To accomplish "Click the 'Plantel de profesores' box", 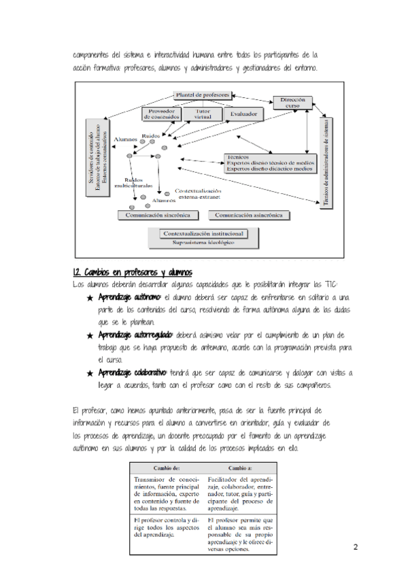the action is pyautogui.click(x=203, y=95).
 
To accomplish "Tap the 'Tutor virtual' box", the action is pyautogui.click(x=203, y=114).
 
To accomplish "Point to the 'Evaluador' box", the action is pyautogui.click(x=243, y=114).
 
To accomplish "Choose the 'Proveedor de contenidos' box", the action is pyautogui.click(x=162, y=114).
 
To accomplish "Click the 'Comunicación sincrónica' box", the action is pyautogui.click(x=158, y=215).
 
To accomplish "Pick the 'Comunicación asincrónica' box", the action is pyautogui.click(x=249, y=215).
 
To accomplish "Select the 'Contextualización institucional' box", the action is pyautogui.click(x=204, y=234).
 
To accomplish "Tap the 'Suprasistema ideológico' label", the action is pyautogui.click(x=203, y=242).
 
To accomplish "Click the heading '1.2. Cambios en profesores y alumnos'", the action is pyautogui.click(x=126, y=272).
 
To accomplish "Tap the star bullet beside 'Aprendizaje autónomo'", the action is pyautogui.click(x=90, y=298).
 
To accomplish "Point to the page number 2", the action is pyautogui.click(x=355, y=547).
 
